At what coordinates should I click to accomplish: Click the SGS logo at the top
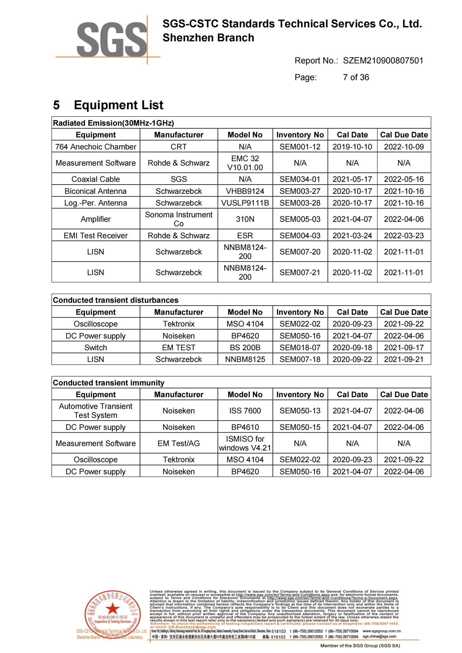point(111,40)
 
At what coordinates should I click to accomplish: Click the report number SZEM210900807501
point(383,61)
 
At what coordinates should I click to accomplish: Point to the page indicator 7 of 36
point(356,77)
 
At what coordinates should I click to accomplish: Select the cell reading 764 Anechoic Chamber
point(96,147)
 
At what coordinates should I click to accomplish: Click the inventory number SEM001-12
point(300,147)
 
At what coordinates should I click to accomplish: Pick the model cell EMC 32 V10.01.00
point(245,163)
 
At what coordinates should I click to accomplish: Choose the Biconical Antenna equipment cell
point(96,191)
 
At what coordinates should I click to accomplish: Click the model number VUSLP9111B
point(245,203)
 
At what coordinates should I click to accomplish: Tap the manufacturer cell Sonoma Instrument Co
point(179,219)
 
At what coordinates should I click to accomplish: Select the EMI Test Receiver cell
point(96,235)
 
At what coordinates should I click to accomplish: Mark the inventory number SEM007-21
point(300,273)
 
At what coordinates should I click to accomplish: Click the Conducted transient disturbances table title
point(116,300)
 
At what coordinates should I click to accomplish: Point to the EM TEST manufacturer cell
point(179,347)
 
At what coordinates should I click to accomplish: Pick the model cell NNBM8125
point(245,359)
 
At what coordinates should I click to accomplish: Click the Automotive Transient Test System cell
point(96,411)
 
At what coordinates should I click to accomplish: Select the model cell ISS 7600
point(245,411)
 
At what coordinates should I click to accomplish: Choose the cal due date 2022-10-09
point(404,147)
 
